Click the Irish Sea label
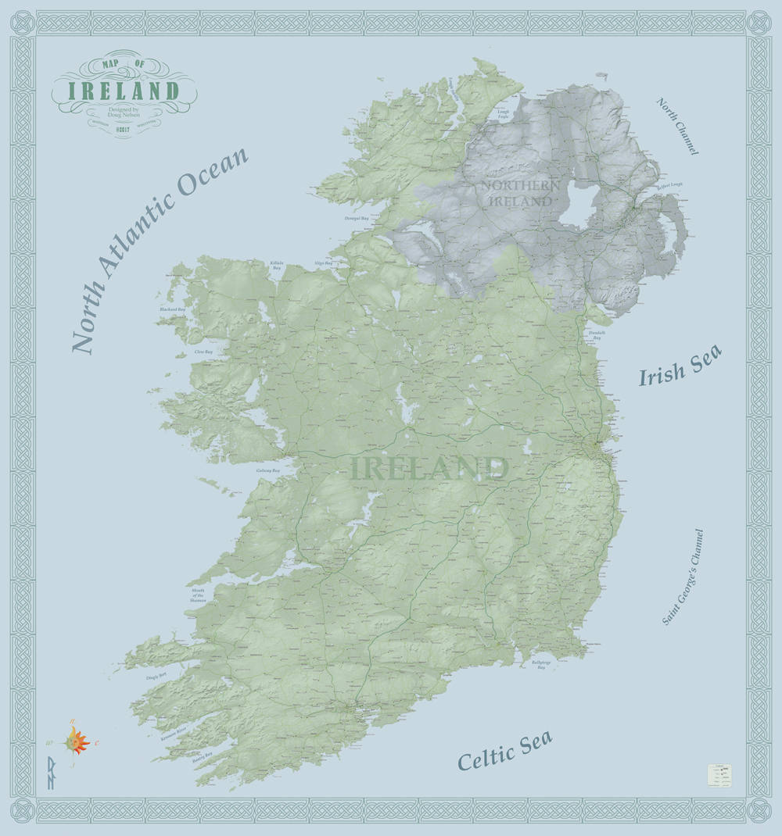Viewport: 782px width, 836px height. [x=680, y=366]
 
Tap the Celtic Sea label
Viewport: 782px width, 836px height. [x=504, y=751]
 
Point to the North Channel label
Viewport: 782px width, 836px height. [x=677, y=126]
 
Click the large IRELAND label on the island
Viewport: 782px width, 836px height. [x=429, y=470]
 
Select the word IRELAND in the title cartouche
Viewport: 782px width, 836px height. [x=124, y=91]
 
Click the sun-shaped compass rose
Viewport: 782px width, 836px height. [x=76, y=739]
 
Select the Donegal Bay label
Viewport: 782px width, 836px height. [x=357, y=220]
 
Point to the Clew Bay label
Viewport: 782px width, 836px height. [x=203, y=352]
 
